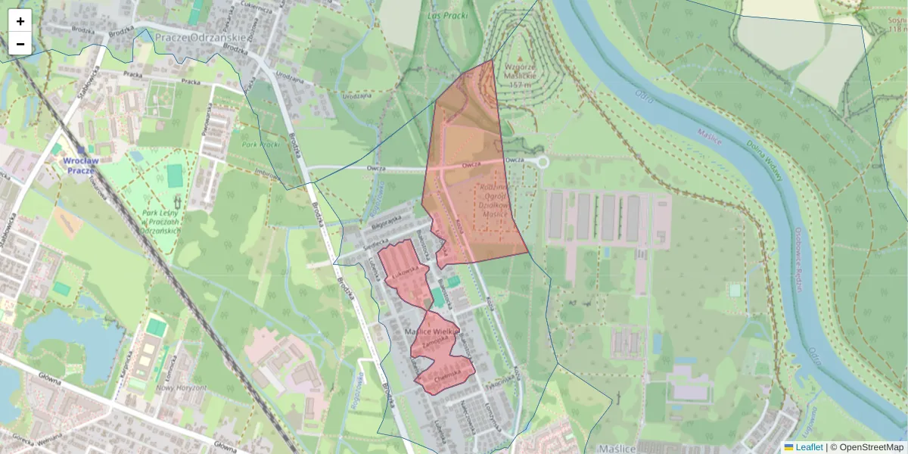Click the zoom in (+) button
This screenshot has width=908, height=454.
[x=20, y=21]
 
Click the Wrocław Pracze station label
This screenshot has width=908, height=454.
[x=78, y=166]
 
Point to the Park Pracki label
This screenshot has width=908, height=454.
[x=261, y=144]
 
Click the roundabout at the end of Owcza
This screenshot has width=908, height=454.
[x=541, y=161]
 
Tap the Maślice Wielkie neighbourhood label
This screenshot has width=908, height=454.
[x=432, y=332]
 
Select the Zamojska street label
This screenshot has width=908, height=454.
[x=437, y=340]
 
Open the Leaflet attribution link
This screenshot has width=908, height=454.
[x=808, y=447]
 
